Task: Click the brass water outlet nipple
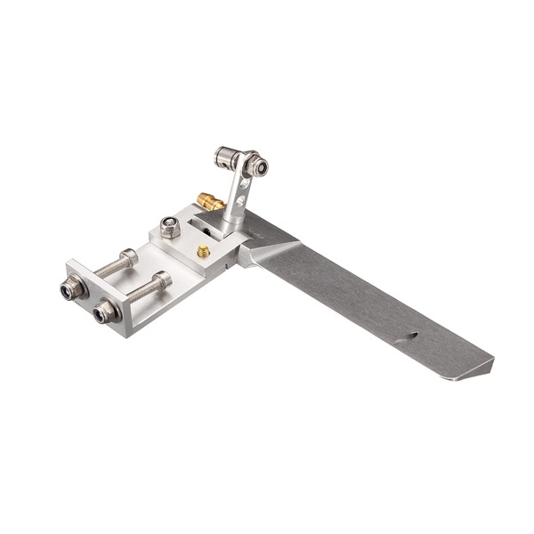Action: click(x=210, y=202)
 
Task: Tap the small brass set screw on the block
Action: click(x=203, y=252)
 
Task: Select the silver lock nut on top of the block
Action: click(x=170, y=227)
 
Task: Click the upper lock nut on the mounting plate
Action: click(x=70, y=288)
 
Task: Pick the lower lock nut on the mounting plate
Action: click(x=104, y=311)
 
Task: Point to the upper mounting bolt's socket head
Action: click(x=129, y=257)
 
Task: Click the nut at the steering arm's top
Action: click(x=257, y=166)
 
